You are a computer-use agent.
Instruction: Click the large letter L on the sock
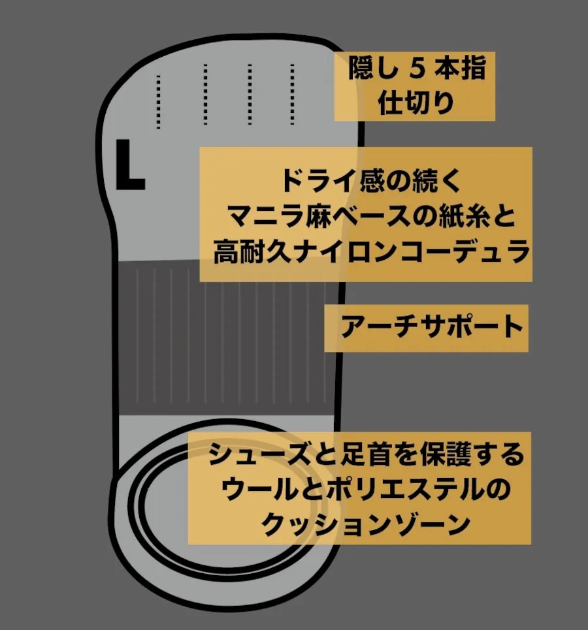coord(130,165)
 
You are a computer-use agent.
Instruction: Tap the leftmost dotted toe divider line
coord(159,102)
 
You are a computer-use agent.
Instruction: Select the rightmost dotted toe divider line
coord(293,94)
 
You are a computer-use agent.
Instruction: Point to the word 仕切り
coord(416,102)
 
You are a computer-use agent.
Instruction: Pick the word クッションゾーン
coord(366,524)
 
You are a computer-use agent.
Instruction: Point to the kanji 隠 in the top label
coord(361,68)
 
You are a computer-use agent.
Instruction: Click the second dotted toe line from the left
coord(206,95)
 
